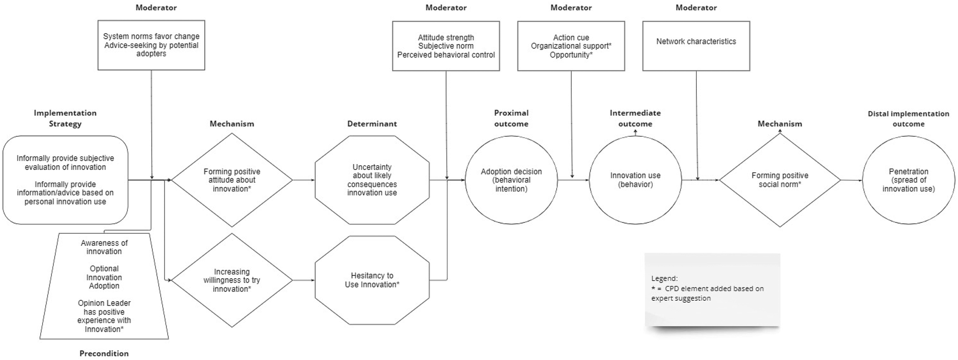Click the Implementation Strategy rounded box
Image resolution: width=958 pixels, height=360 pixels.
pyautogui.click(x=65, y=180)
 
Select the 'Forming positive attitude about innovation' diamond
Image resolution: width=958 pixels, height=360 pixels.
pyautogui.click(x=232, y=180)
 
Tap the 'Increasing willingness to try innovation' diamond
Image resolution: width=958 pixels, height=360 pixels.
pyautogui.click(x=232, y=280)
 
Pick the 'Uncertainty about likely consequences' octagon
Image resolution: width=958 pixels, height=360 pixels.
pyautogui.click(x=372, y=180)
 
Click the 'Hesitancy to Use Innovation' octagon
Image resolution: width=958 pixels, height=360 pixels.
pyautogui.click(x=372, y=280)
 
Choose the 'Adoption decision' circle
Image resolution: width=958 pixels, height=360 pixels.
pyautogui.click(x=511, y=180)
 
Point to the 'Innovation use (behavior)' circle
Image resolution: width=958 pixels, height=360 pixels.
pyautogui.click(x=635, y=180)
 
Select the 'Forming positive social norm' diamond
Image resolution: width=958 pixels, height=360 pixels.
pyautogui.click(x=780, y=180)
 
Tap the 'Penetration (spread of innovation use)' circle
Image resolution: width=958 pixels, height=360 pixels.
pyautogui.click(x=909, y=180)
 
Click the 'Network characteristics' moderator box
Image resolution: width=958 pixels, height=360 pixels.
pyautogui.click(x=696, y=46)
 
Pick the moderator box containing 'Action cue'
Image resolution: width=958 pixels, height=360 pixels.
pyautogui.click(x=571, y=46)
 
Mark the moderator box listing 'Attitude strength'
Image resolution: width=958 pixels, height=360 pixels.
pyautogui.click(x=446, y=46)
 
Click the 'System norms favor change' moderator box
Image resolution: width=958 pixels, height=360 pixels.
pyautogui.click(x=151, y=45)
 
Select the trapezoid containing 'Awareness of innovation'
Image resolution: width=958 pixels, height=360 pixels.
pyautogui.click(x=104, y=286)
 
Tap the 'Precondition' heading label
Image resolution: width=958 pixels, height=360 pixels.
pyautogui.click(x=104, y=354)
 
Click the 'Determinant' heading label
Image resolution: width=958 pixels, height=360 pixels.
pyautogui.click(x=372, y=124)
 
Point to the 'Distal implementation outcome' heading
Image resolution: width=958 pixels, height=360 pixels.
pyautogui.click(x=909, y=119)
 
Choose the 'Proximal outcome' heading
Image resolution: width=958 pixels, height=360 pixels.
pyautogui.click(x=511, y=118)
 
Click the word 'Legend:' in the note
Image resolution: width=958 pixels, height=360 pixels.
pyautogui.click(x=664, y=278)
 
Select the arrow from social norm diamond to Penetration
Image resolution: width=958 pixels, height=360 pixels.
pyautogui.click(x=852, y=180)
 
